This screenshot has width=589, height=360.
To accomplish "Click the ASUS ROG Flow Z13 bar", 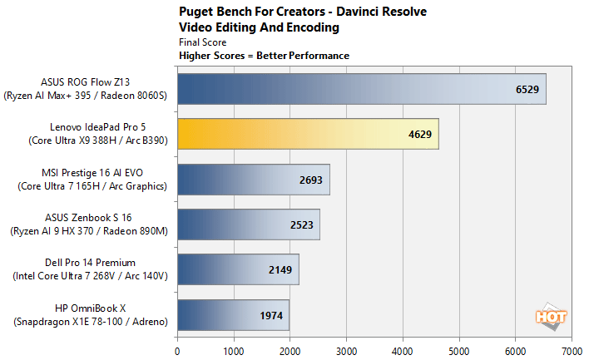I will [361, 88].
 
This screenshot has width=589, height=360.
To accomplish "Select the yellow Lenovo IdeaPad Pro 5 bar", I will [308, 134].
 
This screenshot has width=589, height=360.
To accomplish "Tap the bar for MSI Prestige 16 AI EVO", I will [254, 180].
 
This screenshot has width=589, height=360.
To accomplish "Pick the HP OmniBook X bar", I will [233, 316].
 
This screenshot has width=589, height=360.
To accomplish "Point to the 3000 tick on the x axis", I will [346, 350].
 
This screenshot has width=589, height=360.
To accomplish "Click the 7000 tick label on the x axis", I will [572, 350].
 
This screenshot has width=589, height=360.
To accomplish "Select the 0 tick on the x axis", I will [177, 350].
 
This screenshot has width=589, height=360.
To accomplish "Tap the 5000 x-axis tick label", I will [459, 350].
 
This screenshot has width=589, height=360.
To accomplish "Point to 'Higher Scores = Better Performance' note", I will [264, 56].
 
